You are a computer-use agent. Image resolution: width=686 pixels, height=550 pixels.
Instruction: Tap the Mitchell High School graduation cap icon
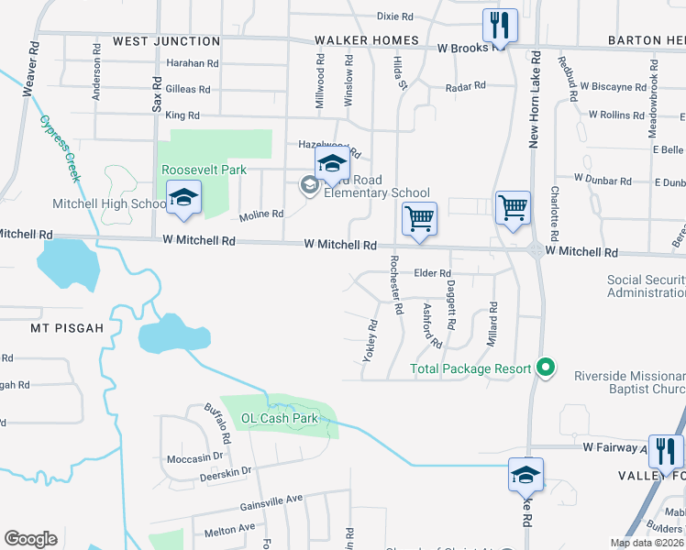(x=183, y=197)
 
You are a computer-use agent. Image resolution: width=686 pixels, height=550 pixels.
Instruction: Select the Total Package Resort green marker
(x=546, y=368)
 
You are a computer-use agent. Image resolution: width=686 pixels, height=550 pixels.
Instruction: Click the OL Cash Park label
(x=279, y=418)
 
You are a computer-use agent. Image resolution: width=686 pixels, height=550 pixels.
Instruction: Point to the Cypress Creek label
(x=61, y=148)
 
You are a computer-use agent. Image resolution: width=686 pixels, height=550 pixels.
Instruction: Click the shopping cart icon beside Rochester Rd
(x=419, y=219)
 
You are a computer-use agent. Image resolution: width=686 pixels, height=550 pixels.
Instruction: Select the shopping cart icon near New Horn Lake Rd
(x=513, y=207)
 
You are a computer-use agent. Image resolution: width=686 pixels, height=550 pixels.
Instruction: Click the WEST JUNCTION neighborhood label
(x=166, y=41)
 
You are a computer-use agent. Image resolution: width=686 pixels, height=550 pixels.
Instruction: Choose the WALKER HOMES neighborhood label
(x=367, y=41)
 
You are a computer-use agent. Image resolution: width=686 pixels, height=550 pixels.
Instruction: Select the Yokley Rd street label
(x=371, y=340)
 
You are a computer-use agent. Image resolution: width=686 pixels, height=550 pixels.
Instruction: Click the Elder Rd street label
(x=433, y=273)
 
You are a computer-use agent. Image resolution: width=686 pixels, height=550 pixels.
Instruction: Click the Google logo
(x=29, y=539)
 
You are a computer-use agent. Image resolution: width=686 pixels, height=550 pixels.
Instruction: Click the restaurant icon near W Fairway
(x=665, y=450)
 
